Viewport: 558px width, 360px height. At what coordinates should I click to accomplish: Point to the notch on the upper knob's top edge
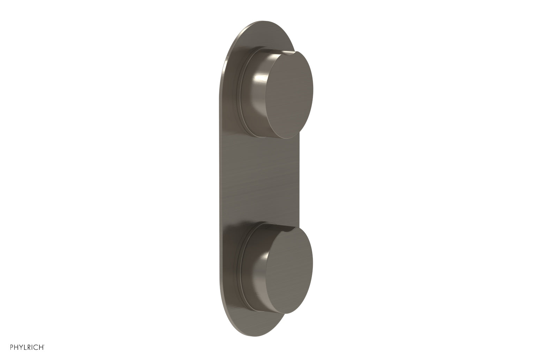[x=289, y=52]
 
